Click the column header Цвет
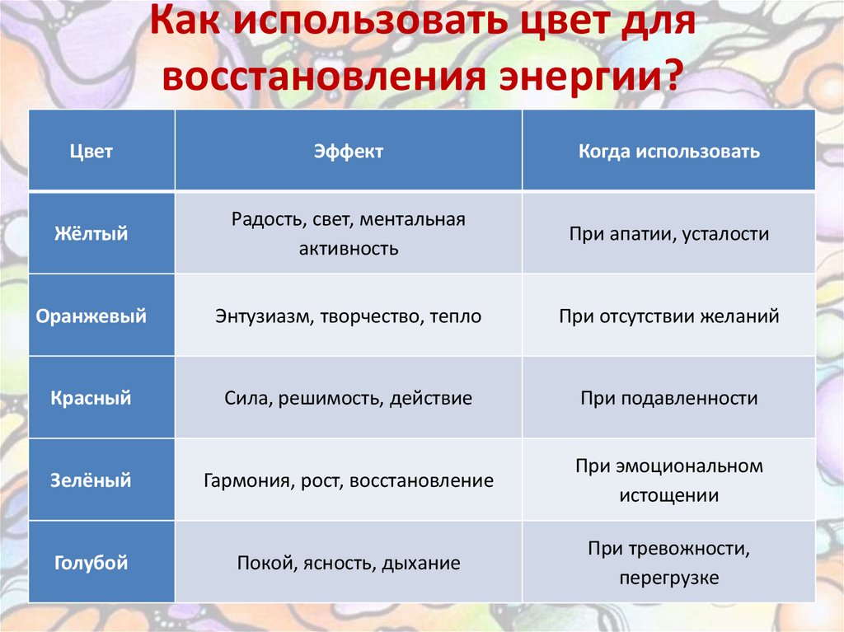click(x=91, y=152)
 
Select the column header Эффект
click(x=348, y=152)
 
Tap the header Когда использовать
click(x=668, y=152)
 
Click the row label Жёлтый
click(x=91, y=234)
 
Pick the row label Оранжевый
click(x=91, y=316)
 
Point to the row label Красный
click(x=91, y=399)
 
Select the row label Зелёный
click(x=91, y=480)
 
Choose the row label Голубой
click(x=91, y=564)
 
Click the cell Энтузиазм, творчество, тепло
click(x=348, y=316)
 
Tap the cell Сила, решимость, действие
click(x=348, y=399)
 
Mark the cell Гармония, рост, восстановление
click(x=348, y=480)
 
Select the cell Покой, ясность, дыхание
click(x=348, y=564)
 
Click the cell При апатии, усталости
click(x=668, y=234)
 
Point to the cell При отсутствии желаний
click(x=668, y=316)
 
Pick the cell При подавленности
click(x=668, y=399)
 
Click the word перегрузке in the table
click(x=668, y=578)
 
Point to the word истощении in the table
click(x=668, y=496)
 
